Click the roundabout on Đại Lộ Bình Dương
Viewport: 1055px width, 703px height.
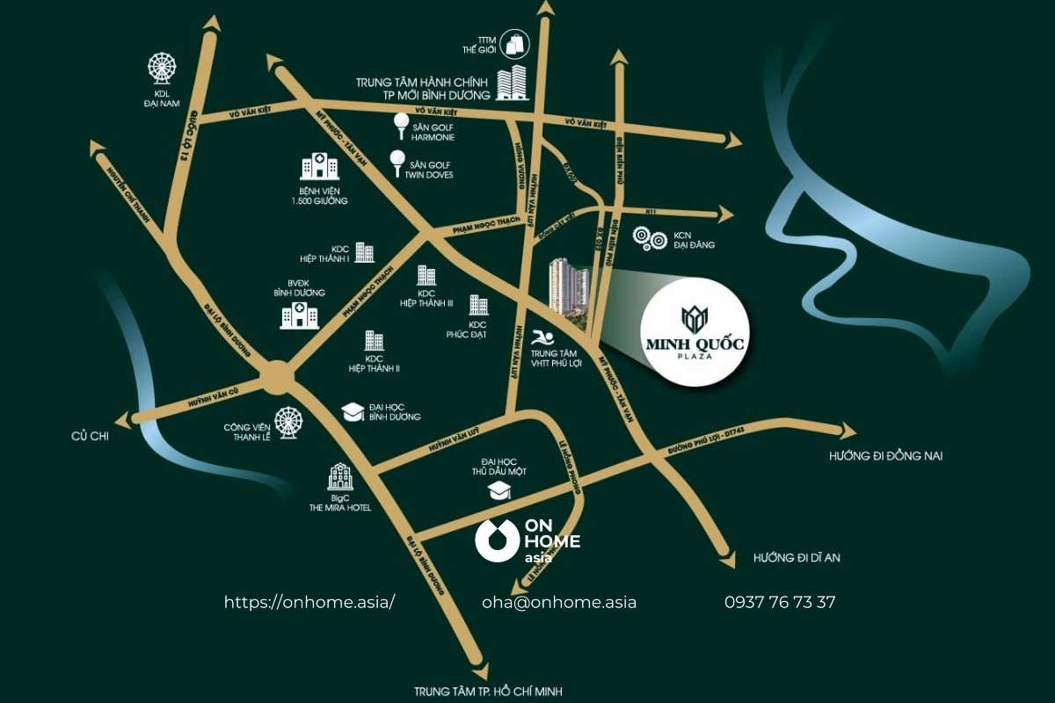click(x=277, y=379)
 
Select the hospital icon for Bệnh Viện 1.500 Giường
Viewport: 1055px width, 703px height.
click(x=319, y=168)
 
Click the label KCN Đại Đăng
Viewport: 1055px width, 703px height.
click(x=695, y=240)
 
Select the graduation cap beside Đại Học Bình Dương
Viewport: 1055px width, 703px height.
click(x=353, y=411)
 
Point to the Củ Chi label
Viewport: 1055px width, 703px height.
click(x=90, y=436)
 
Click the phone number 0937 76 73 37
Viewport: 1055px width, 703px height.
click(x=779, y=603)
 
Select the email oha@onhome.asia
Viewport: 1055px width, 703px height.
click(x=559, y=603)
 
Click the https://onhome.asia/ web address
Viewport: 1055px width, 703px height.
click(x=309, y=603)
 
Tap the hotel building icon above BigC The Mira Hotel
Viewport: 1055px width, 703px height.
click(x=340, y=477)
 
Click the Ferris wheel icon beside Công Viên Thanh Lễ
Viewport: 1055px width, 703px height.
click(x=287, y=422)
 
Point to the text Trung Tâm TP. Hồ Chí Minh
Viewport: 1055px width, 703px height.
click(x=488, y=692)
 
